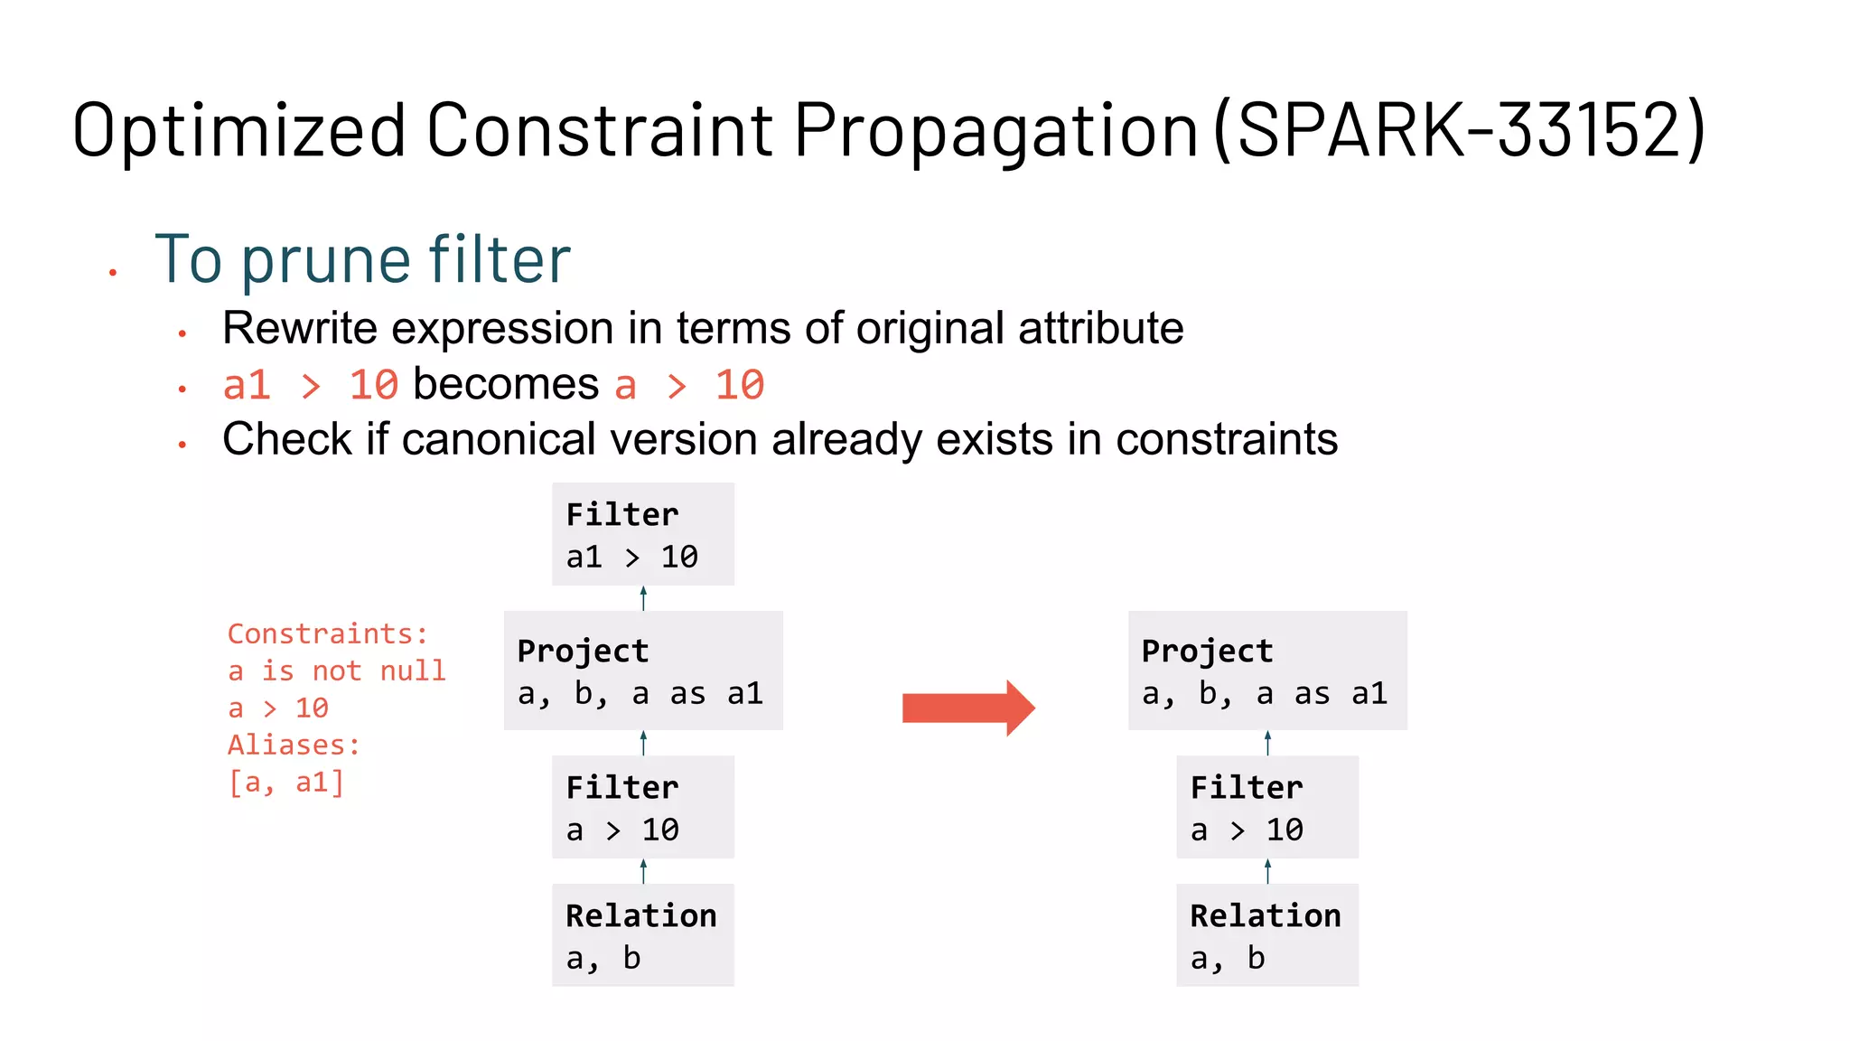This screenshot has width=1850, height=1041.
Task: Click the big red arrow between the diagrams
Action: tap(967, 708)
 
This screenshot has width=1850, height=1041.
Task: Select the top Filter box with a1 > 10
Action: tap(642, 534)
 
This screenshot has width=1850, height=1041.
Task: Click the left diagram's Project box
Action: tap(642, 671)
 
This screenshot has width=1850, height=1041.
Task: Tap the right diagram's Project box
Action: tap(1266, 671)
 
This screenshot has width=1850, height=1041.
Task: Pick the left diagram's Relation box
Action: tap(642, 934)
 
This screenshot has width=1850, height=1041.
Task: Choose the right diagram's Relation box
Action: tap(1266, 934)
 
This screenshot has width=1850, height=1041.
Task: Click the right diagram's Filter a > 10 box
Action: tap(1266, 807)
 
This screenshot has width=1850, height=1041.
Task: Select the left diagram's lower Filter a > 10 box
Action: tap(642, 807)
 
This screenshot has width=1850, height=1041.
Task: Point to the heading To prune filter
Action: tap(362, 260)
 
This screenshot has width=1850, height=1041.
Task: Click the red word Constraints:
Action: tap(327, 633)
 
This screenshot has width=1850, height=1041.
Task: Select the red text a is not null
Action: tap(336, 671)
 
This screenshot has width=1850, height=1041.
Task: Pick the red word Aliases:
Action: tap(294, 745)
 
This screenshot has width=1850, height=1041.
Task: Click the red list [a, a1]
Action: tap(285, 782)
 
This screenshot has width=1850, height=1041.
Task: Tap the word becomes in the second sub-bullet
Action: tap(506, 384)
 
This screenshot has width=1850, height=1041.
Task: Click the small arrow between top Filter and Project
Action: tap(643, 597)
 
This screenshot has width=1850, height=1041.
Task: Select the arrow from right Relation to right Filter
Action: tap(1267, 870)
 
